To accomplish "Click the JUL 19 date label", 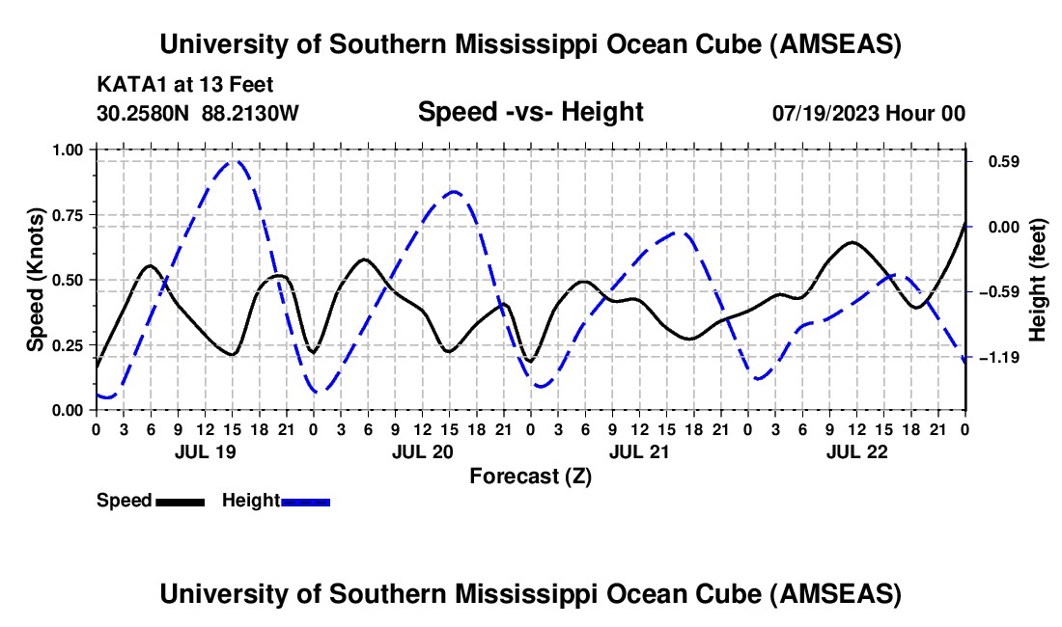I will click(x=205, y=451).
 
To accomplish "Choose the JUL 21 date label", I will click(x=638, y=451).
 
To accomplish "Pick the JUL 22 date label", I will click(x=855, y=451).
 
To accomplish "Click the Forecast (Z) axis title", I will click(x=530, y=476).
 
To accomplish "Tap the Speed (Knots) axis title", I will click(x=35, y=280).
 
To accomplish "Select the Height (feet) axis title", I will click(x=1037, y=280).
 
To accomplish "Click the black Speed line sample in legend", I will click(x=180, y=501).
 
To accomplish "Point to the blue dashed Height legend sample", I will click(x=305, y=501).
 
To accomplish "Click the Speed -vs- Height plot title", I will click(x=530, y=112).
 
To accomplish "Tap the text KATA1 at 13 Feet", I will click(x=171, y=85).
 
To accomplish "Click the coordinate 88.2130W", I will click(x=251, y=113).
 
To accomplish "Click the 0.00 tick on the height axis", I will click(x=997, y=227).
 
